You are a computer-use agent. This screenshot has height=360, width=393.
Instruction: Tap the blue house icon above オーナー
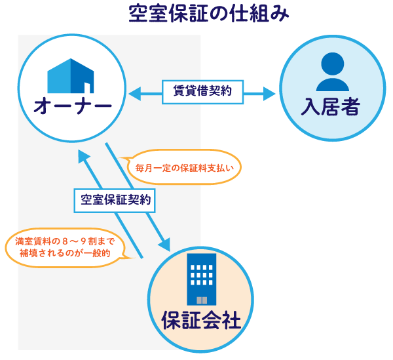click(71, 77)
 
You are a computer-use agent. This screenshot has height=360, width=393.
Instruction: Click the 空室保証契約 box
click(115, 201)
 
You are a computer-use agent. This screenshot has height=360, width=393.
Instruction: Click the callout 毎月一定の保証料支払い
click(183, 168)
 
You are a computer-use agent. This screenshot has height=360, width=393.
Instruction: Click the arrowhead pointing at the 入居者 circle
click(269, 94)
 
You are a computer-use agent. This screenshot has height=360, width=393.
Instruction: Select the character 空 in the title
click(140, 14)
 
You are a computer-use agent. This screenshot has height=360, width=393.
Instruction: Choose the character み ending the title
click(280, 14)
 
